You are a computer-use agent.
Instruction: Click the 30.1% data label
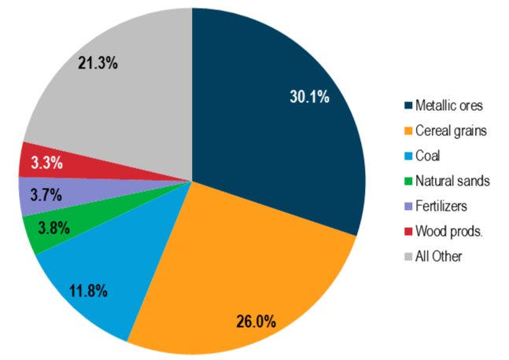[x=309, y=97]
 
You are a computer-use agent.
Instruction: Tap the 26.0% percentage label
[x=257, y=321]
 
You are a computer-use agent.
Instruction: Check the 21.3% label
[x=98, y=63]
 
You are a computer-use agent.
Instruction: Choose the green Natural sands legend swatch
[x=408, y=181]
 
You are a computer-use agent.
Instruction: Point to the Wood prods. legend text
[x=449, y=231]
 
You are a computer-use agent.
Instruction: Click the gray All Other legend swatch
[x=408, y=256]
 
